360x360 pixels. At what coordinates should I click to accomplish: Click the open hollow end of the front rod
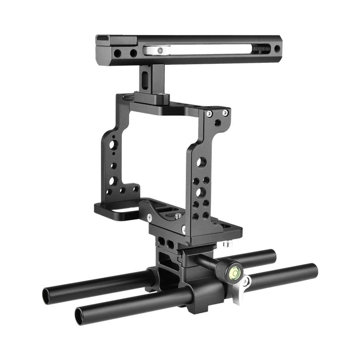pyautogui.click(x=82, y=315)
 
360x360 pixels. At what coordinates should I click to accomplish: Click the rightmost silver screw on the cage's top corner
pyautogui.click(x=225, y=113)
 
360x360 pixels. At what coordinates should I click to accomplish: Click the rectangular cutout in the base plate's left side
pyautogui.click(x=122, y=209)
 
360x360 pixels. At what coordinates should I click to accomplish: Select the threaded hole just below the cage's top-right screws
pyautogui.click(x=219, y=123)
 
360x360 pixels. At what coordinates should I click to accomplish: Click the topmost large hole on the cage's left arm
pyautogui.click(x=112, y=145)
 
